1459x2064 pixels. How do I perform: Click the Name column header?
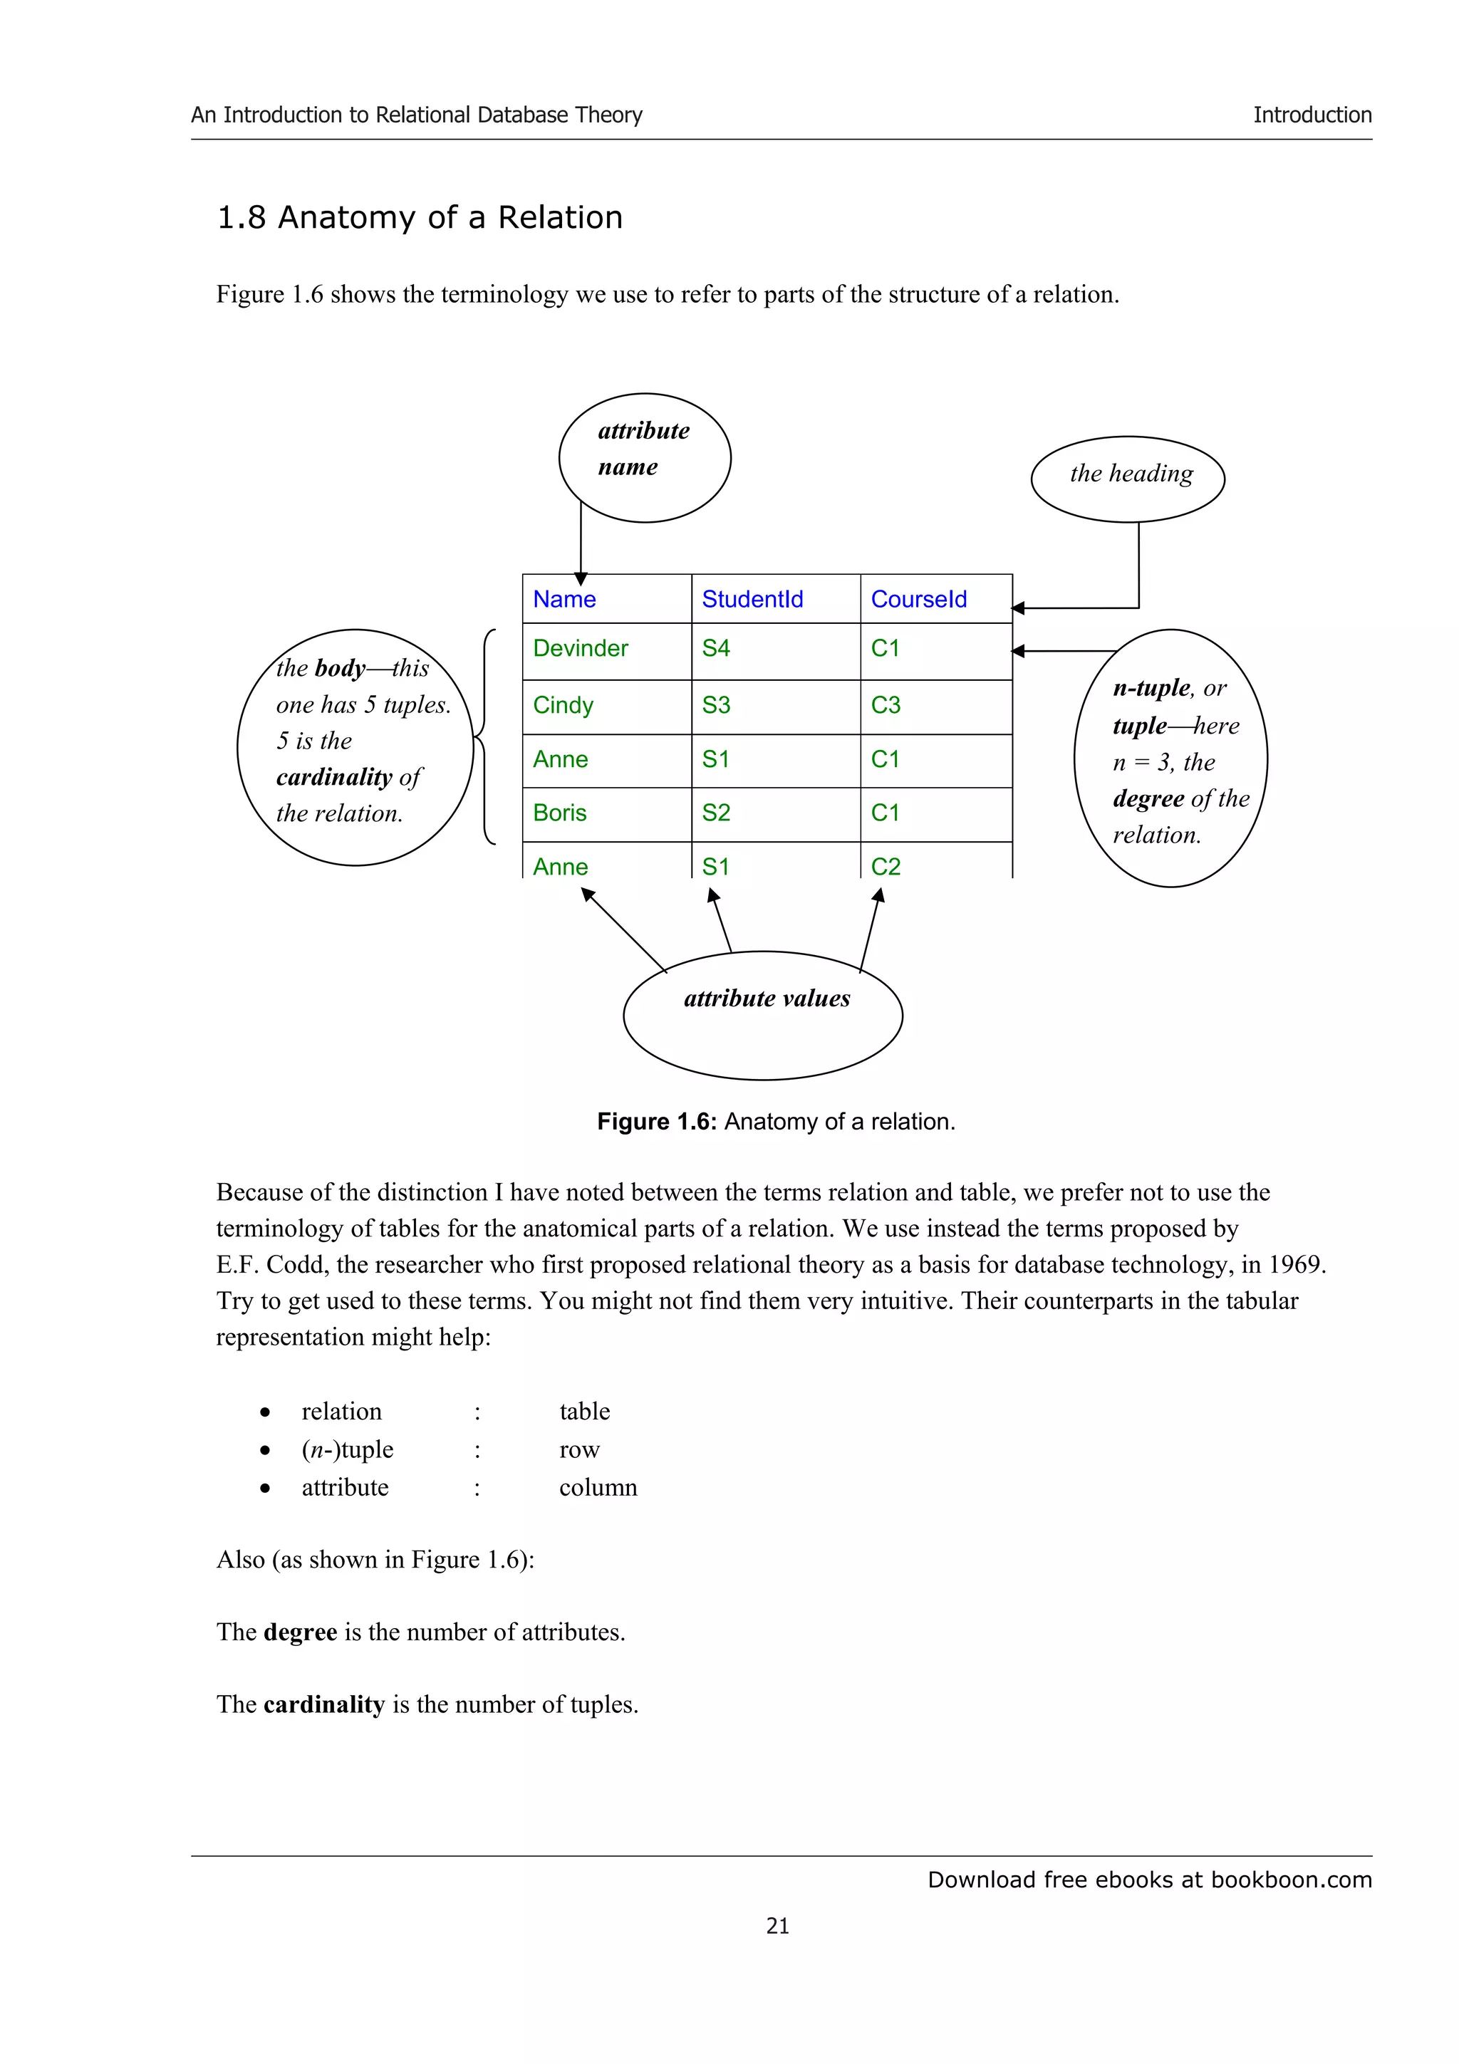click(x=564, y=599)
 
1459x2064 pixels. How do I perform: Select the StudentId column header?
click(x=752, y=599)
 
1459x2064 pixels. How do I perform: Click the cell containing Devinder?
click(x=580, y=648)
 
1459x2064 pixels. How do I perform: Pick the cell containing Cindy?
click(x=563, y=705)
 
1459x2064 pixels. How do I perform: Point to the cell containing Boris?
click(x=559, y=813)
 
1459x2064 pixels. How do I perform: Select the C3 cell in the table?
click(x=886, y=705)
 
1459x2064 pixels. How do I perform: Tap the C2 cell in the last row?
click(x=886, y=867)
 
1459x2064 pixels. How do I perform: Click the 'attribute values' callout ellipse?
click(x=762, y=1016)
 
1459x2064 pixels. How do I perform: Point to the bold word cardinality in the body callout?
click(x=333, y=777)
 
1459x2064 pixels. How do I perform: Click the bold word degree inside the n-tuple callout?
click(x=1148, y=798)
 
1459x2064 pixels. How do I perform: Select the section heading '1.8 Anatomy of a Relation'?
click(x=420, y=217)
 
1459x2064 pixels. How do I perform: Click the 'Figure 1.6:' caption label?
click(x=656, y=1122)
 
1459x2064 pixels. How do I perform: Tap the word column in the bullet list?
click(x=598, y=1488)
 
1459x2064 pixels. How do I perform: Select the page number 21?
click(x=778, y=1926)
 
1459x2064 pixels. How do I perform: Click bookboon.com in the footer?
click(x=1291, y=1880)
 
